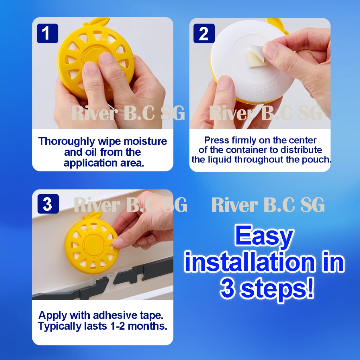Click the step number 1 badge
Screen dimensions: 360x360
coord(47,33)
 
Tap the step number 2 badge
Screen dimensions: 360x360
coord(204,33)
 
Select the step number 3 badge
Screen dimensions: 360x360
coord(48,204)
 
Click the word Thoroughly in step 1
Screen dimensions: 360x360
coord(66,141)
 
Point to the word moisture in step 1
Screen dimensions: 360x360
coord(145,141)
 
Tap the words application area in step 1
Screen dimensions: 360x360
coord(104,163)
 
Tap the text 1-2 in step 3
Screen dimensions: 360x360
coord(117,326)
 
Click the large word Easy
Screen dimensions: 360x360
coord(264,237)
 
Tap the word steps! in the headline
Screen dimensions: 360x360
coord(278,289)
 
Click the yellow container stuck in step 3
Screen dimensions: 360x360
coord(91,241)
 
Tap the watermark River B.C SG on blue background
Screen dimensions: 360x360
coord(268,205)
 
